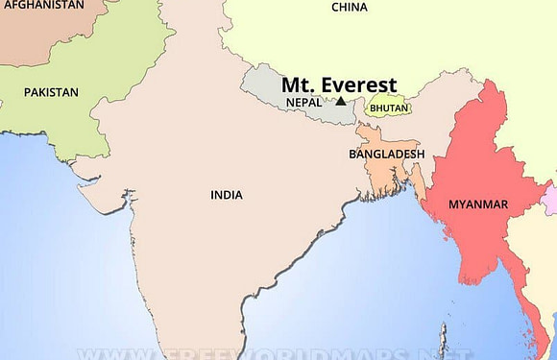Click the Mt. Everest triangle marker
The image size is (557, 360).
(x=340, y=100)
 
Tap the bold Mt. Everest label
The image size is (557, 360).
(x=339, y=84)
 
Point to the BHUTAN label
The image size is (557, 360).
(x=388, y=108)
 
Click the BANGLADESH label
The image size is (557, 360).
(x=386, y=154)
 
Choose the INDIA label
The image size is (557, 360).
(x=227, y=195)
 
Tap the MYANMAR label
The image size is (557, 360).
(x=478, y=204)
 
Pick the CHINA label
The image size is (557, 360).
(x=350, y=8)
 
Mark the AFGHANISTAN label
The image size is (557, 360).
(x=42, y=5)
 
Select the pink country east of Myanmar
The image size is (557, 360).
(x=549, y=200)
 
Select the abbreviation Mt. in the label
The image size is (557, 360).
(x=297, y=84)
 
